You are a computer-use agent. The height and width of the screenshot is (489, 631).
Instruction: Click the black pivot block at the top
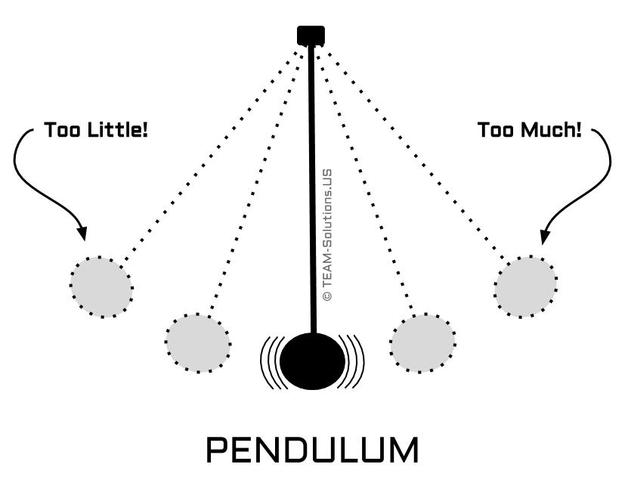311,35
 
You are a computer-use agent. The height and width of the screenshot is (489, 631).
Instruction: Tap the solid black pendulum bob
311,361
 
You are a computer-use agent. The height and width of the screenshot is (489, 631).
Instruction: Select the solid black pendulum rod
311,189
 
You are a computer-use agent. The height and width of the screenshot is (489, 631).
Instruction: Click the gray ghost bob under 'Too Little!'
101,286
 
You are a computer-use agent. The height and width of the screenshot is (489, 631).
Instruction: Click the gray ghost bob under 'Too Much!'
526,286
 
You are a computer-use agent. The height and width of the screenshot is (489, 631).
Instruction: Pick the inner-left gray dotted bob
197,342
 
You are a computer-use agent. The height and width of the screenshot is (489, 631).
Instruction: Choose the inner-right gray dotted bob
422,342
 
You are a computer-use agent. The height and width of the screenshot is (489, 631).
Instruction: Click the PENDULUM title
312,450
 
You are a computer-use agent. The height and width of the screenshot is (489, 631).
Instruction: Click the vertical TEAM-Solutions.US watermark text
327,234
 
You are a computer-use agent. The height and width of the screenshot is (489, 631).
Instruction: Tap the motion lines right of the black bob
353,361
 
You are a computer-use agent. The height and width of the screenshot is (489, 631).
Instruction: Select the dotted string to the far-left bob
212,151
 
